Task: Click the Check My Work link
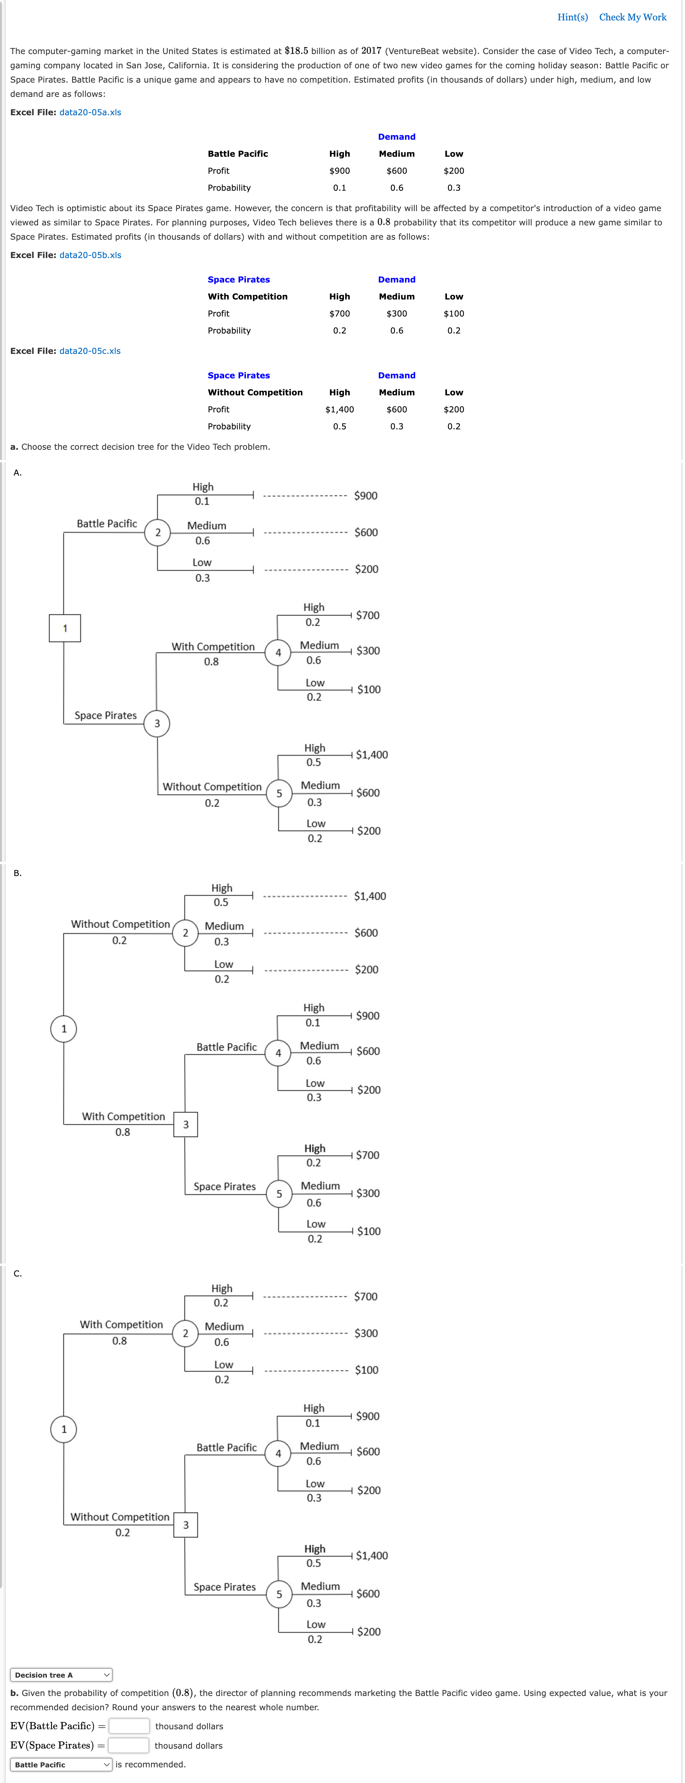pyautogui.click(x=632, y=17)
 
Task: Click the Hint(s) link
pyautogui.click(x=572, y=17)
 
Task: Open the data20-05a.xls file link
pyautogui.click(x=90, y=112)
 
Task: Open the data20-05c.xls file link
pyautogui.click(x=90, y=351)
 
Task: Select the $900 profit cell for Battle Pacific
pyautogui.click(x=339, y=171)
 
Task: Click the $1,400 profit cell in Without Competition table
pyautogui.click(x=339, y=410)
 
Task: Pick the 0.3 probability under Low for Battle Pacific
pyautogui.click(x=454, y=188)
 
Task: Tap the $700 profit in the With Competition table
pyautogui.click(x=339, y=313)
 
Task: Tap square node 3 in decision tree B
pyautogui.click(x=186, y=1125)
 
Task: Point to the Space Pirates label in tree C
pyautogui.click(x=224, y=1587)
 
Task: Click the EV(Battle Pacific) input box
pyautogui.click(x=129, y=1726)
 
